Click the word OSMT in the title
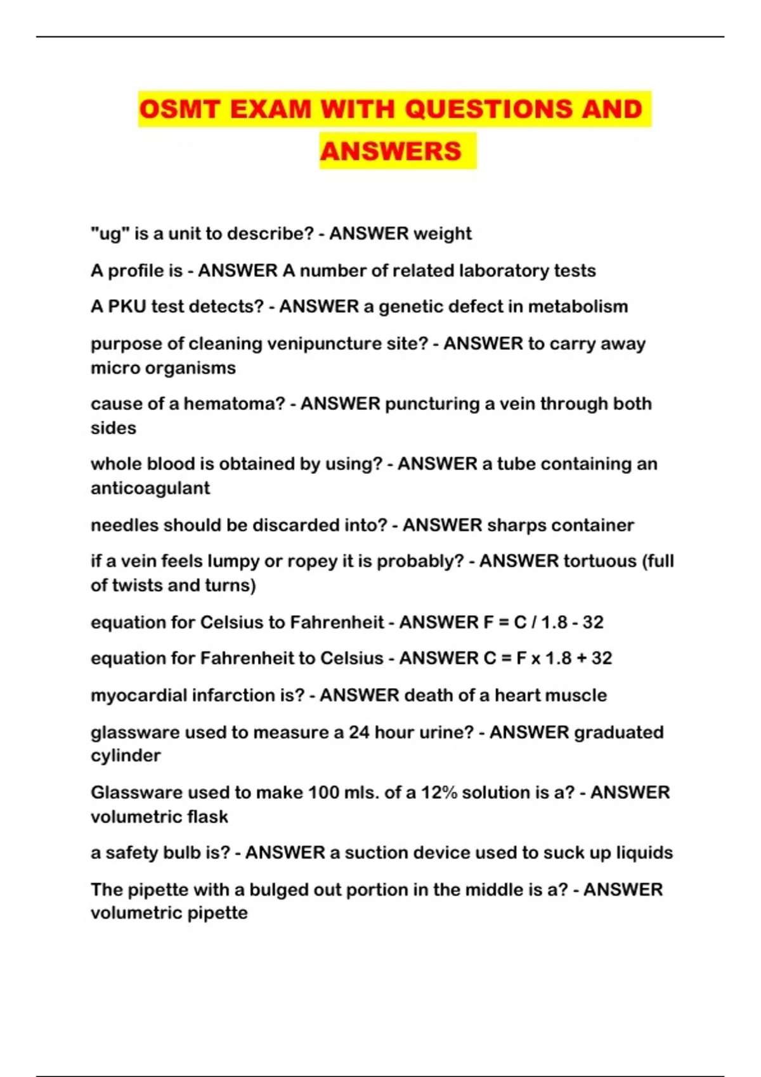pos(179,109)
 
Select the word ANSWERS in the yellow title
pos(391,151)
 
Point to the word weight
pos(443,234)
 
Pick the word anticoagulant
pos(150,488)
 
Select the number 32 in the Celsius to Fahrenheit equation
pos(593,622)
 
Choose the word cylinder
pos(126,756)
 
